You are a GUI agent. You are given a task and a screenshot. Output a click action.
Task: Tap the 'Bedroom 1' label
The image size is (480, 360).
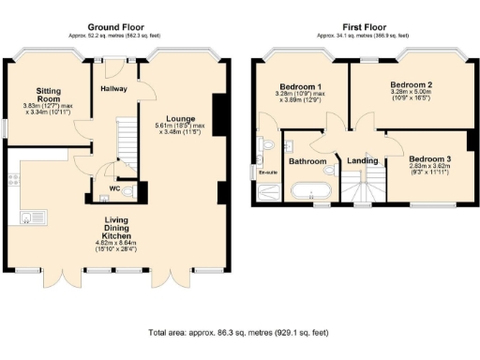pos(294,86)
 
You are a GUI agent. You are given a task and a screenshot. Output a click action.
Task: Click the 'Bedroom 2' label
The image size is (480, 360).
pos(411,83)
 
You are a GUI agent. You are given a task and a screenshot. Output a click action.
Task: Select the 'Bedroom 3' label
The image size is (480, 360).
pos(429,158)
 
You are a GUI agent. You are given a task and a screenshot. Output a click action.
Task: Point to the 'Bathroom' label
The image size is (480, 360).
pos(307,161)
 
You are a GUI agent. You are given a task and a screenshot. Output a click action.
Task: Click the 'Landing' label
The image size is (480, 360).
pos(362,161)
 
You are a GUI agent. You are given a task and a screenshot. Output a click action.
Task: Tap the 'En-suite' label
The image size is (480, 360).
pos(268,172)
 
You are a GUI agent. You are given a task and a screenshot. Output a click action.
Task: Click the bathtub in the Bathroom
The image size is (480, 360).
pos(309,192)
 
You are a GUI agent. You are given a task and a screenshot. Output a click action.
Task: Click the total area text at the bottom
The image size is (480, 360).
pos(240,332)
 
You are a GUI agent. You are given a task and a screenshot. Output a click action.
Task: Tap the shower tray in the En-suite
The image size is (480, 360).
pos(269,192)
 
